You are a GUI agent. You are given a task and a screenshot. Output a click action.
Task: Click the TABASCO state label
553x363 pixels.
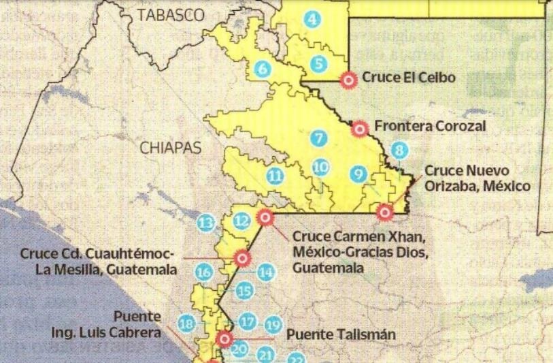[x=170, y=14]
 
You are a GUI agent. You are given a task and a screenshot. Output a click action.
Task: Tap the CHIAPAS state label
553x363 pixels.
[x=171, y=146]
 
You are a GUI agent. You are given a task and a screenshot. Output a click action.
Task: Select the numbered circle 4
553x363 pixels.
[x=312, y=20]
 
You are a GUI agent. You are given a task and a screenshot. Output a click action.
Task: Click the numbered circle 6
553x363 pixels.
[x=263, y=68]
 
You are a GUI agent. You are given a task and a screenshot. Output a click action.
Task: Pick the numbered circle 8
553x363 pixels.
[x=399, y=151]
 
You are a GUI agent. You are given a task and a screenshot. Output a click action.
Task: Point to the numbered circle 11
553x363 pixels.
[x=275, y=176]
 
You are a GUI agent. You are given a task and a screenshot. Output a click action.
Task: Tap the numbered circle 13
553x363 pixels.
[x=205, y=222]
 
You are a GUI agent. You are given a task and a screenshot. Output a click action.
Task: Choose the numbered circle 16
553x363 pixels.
[x=203, y=272]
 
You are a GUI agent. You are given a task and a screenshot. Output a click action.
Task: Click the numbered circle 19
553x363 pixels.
[x=273, y=325]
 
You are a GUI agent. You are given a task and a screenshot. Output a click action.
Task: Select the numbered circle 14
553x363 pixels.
[x=267, y=272]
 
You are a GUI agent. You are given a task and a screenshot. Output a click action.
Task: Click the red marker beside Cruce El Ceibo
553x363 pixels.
[x=348, y=80]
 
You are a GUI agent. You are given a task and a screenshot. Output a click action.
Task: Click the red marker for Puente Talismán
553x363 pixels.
[x=224, y=338]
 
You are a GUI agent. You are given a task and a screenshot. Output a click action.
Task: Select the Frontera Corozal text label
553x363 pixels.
[x=430, y=127]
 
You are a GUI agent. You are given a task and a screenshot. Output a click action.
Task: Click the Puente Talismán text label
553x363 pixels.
[x=329, y=335]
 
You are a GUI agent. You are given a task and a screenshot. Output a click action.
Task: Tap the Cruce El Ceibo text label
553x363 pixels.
[x=409, y=78]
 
